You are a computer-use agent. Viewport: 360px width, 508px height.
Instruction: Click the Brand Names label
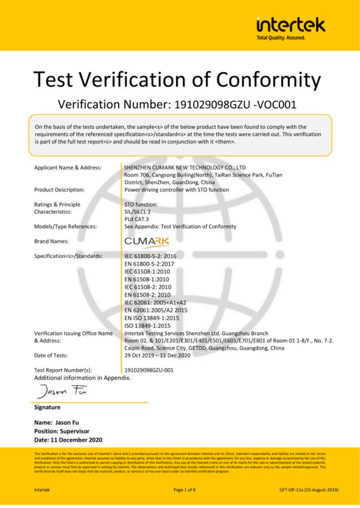(51, 241)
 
